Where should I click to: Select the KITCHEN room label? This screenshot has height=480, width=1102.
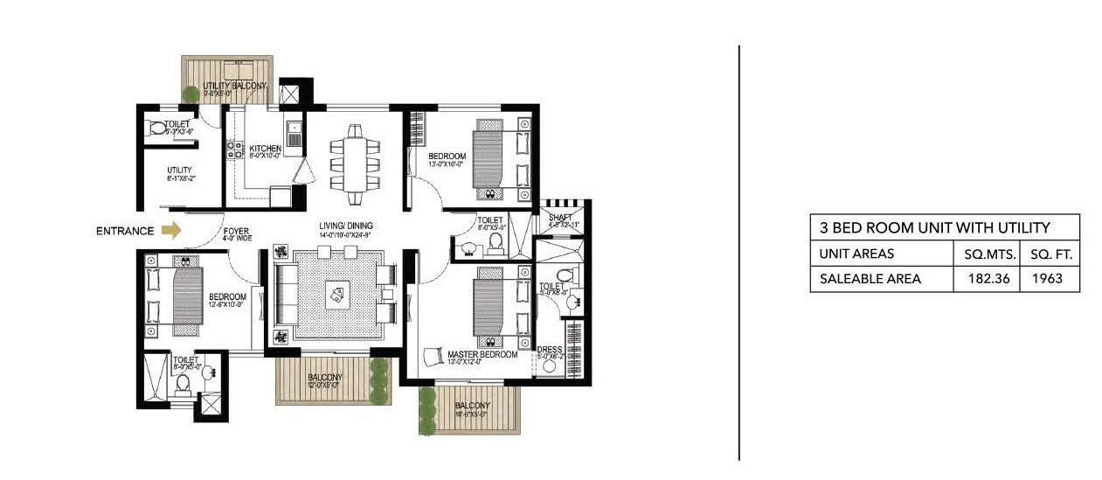tap(265, 149)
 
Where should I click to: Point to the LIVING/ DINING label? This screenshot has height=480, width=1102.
tap(345, 226)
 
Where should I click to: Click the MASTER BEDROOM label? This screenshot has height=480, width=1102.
tap(482, 355)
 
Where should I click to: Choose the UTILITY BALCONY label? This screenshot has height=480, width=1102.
tap(228, 86)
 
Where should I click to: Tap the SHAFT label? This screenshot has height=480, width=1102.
tap(559, 217)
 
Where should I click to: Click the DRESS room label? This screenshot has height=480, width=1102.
tap(550, 349)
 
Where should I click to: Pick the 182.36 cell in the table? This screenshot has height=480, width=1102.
tap(985, 279)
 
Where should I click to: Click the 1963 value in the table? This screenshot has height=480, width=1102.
tap(1049, 279)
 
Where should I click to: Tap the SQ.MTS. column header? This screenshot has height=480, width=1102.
tap(986, 254)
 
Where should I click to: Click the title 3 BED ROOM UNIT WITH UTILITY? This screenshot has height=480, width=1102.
tap(934, 228)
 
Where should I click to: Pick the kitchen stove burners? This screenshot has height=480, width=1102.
tap(234, 150)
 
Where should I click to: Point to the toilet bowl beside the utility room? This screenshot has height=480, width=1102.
tap(158, 129)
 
